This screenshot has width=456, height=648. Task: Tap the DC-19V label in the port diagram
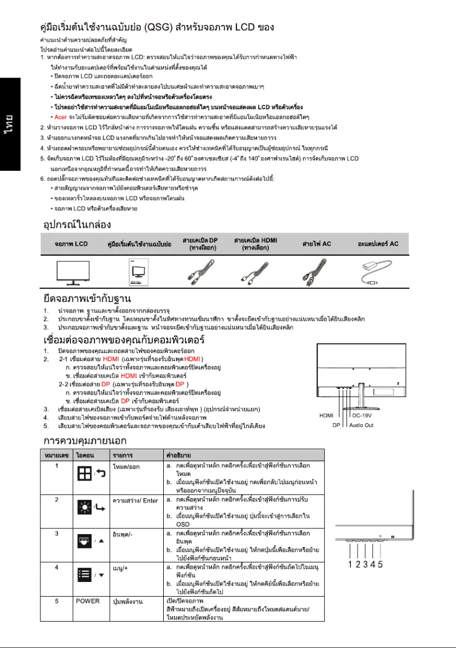click(x=363, y=415)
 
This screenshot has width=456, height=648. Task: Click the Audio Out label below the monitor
click(x=362, y=425)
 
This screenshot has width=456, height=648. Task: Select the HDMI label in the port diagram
click(x=326, y=415)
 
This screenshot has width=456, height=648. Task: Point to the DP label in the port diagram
click(x=336, y=425)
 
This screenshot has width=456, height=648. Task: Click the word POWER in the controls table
click(x=88, y=601)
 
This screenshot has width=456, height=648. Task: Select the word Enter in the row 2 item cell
click(x=151, y=501)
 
